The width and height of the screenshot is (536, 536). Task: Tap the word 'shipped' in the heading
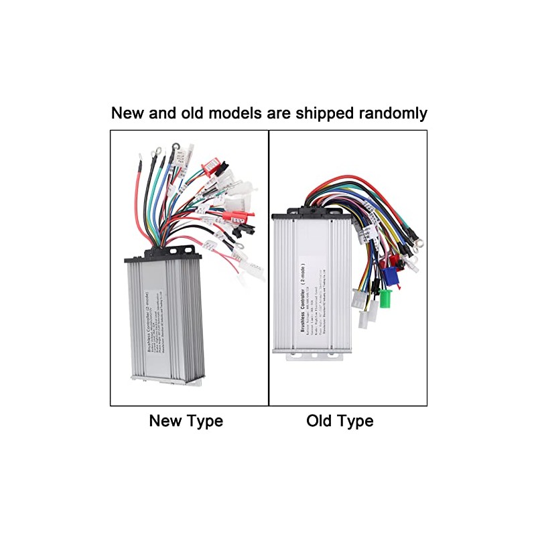click(x=318, y=113)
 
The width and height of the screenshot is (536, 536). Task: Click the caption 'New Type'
click(x=186, y=421)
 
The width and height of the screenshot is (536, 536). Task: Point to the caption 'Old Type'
click(x=340, y=421)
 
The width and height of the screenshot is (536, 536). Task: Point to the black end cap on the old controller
click(x=312, y=212)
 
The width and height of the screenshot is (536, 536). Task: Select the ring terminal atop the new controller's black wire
click(x=176, y=145)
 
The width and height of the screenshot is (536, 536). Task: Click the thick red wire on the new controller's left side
click(x=139, y=201)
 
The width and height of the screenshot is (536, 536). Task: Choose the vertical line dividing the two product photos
click(x=269, y=268)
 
